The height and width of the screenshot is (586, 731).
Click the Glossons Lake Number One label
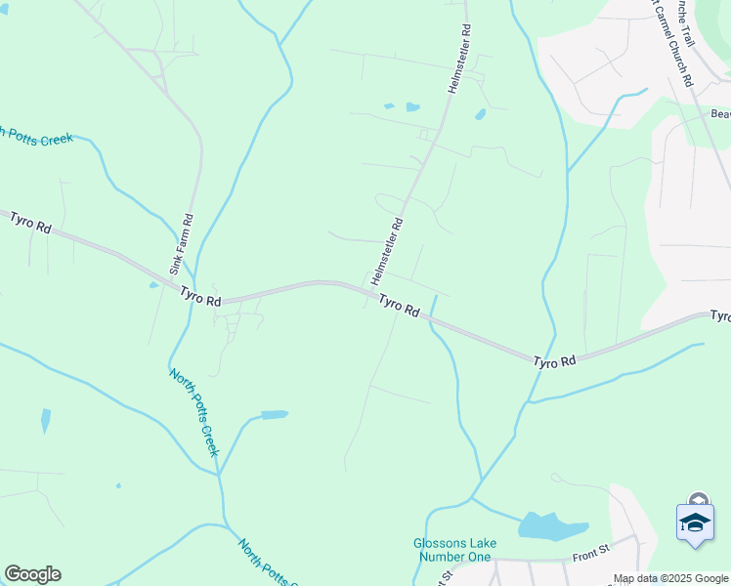pyautogui.click(x=454, y=550)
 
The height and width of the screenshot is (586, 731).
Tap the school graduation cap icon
pyautogui.click(x=695, y=522)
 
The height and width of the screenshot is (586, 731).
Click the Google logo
pyautogui.click(x=32, y=574)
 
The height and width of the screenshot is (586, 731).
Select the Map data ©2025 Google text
pyautogui.click(x=670, y=578)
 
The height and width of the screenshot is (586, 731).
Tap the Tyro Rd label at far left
pyautogui.click(x=30, y=222)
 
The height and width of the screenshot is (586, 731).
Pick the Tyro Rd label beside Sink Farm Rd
pyautogui.click(x=200, y=296)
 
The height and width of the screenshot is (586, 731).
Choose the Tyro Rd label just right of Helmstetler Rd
pyautogui.click(x=399, y=307)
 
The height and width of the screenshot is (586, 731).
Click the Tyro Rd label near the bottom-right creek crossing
pyautogui.click(x=555, y=361)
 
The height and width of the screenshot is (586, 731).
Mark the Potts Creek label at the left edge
pyautogui.click(x=37, y=137)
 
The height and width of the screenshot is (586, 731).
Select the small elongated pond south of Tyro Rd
pyautogui.click(x=275, y=414)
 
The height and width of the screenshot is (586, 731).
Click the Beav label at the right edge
pyautogui.click(x=719, y=113)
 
